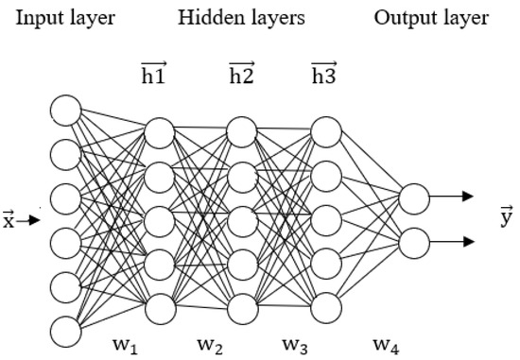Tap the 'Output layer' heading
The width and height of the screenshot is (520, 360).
pyautogui.click(x=431, y=18)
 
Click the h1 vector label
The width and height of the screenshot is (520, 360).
pyautogui.click(x=154, y=74)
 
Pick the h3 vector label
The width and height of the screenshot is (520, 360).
pyautogui.click(x=325, y=74)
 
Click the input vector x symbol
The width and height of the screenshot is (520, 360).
pyautogui.click(x=10, y=220)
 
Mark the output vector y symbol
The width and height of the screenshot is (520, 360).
pyautogui.click(x=506, y=219)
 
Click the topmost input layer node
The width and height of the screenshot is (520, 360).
pyautogui.click(x=65, y=111)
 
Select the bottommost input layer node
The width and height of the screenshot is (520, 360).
pyautogui.click(x=65, y=331)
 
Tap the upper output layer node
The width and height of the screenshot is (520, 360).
pyautogui.click(x=414, y=198)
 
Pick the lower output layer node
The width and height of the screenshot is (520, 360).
pyautogui.click(x=414, y=243)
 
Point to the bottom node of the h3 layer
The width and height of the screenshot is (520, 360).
pyautogui.click(x=326, y=307)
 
